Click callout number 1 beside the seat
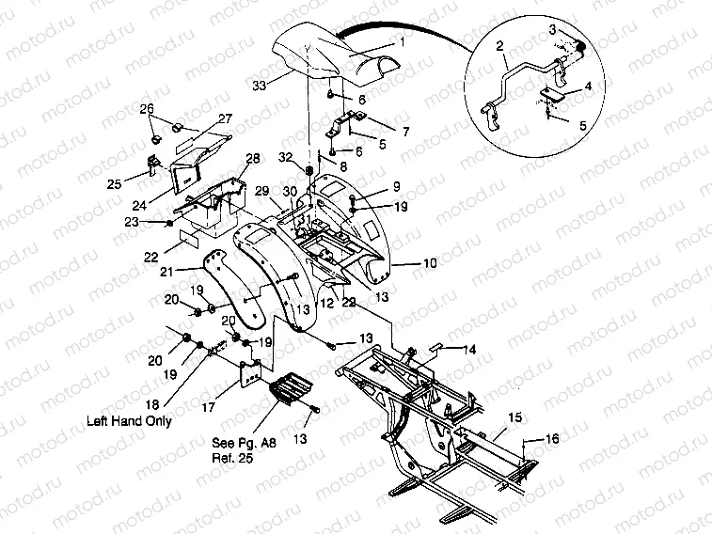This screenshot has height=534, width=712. click(402, 42)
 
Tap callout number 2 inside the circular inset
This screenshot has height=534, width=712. click(500, 44)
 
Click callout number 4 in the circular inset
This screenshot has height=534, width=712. click(588, 86)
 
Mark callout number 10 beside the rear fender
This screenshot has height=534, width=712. click(429, 264)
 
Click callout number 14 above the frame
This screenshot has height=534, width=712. click(469, 349)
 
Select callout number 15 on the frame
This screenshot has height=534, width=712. click(514, 416)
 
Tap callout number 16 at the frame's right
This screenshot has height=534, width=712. click(552, 438)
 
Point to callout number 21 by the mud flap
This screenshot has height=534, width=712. click(194, 271)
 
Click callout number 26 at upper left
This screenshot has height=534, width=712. click(147, 109)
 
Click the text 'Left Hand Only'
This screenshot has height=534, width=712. click(130, 422)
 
